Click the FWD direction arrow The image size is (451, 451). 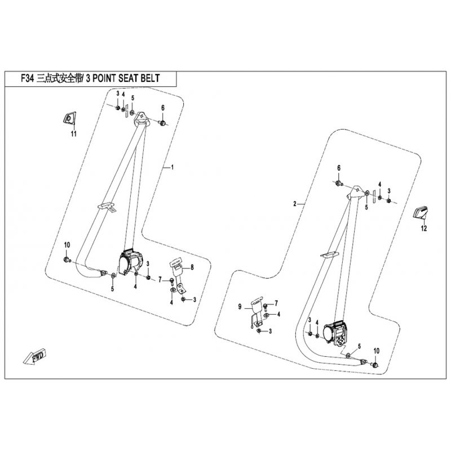(x=35, y=357)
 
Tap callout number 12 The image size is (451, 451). (x=424, y=228)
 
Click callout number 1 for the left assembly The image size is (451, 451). (x=173, y=167)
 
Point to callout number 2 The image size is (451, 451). (x=294, y=203)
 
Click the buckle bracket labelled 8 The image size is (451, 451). (x=176, y=273)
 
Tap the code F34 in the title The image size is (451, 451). (x=25, y=79)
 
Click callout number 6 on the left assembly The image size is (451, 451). (x=163, y=108)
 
